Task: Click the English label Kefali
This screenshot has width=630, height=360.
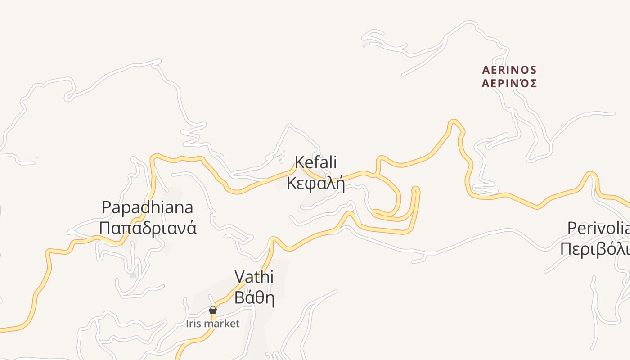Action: click(x=315, y=162)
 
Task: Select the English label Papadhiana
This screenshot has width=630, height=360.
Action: click(x=148, y=207)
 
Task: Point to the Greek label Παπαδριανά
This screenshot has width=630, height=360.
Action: click(x=148, y=228)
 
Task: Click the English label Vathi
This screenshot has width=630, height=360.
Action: click(x=254, y=276)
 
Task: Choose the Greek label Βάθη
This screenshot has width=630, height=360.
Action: click(x=254, y=297)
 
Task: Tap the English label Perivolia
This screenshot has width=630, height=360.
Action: click(x=598, y=228)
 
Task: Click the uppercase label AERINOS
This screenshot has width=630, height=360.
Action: click(x=509, y=70)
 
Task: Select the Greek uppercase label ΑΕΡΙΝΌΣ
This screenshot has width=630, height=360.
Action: click(x=509, y=84)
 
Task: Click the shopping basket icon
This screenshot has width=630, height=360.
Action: click(x=213, y=310)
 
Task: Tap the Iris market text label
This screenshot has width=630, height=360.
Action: click(x=213, y=324)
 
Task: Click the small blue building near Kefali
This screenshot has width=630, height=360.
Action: click(x=280, y=160)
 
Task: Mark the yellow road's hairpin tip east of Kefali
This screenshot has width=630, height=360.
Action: click(x=415, y=189)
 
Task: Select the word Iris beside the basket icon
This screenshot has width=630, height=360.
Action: click(x=193, y=324)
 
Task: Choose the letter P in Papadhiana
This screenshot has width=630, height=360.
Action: click(x=107, y=207)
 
